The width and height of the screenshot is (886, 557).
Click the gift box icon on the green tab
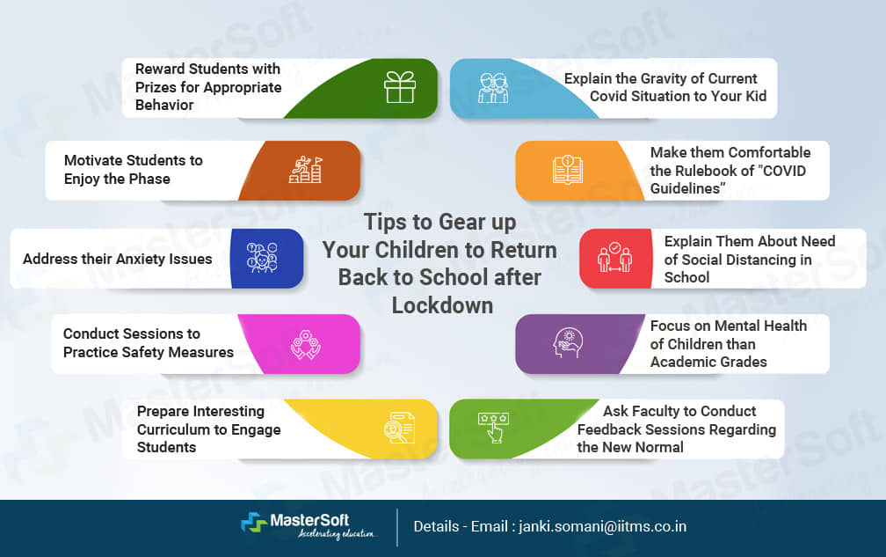(399, 87)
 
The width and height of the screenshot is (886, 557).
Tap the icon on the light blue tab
(492, 87)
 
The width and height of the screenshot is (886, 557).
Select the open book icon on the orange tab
(567, 169)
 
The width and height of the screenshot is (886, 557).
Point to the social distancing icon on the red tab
(614, 258)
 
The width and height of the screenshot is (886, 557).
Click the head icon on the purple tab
(567, 343)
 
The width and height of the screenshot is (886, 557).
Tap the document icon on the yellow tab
(399, 428)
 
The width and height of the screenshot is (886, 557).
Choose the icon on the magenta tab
(304, 343)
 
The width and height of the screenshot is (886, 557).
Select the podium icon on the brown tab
(305, 169)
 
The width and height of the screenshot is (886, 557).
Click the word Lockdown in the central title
(442, 305)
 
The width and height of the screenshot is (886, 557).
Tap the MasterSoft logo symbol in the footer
(255, 524)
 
